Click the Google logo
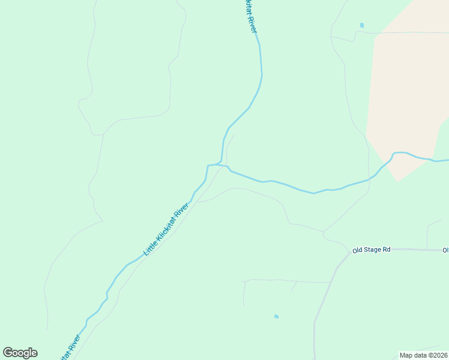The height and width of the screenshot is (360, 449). tap(20, 353)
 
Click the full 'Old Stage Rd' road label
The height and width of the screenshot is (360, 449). tap(372, 250)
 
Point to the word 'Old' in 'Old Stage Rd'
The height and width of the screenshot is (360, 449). tap(358, 250)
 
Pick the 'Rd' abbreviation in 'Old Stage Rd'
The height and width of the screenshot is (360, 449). tap(387, 250)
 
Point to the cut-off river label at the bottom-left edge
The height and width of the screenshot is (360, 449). tap(69, 348)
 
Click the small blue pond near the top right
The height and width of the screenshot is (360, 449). tap(361, 25)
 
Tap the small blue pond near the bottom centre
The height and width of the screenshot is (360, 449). tap(276, 316)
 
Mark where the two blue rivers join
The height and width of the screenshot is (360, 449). tap(220, 164)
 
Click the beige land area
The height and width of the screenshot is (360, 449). tap(408, 90)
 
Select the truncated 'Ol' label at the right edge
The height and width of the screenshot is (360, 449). tap(445, 250)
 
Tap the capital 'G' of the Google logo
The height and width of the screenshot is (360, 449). tap(8, 353)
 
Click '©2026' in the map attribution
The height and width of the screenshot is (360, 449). tap(436, 355)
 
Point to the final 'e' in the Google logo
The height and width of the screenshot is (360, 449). tap(34, 353)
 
